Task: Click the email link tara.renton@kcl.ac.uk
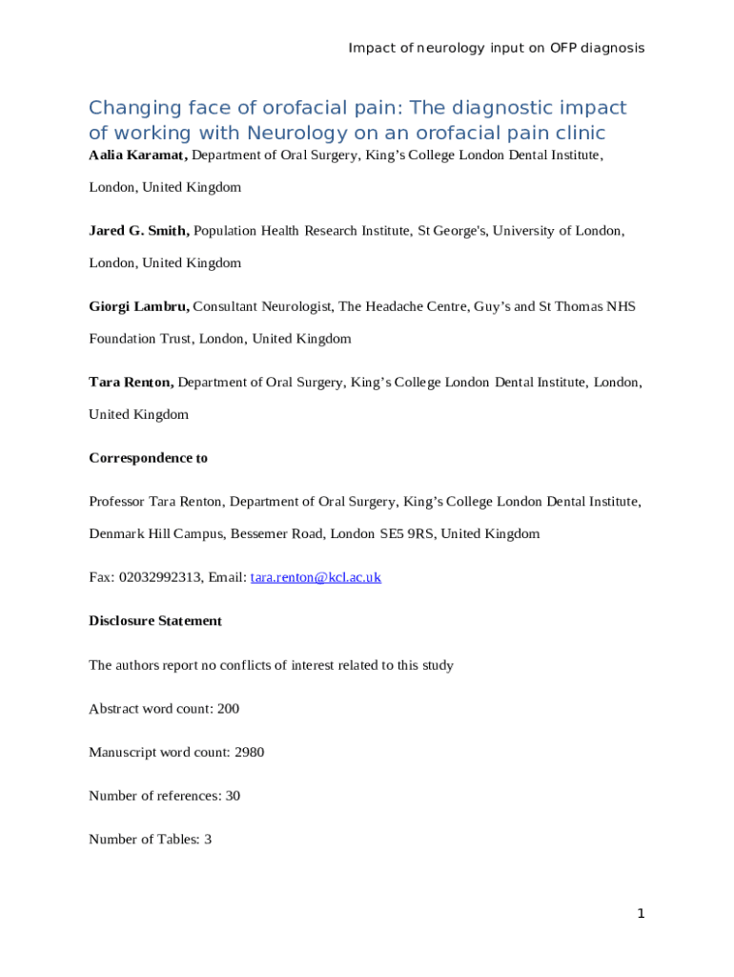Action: pos(316,577)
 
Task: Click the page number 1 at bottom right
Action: pos(642,914)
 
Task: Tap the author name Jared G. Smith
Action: pos(139,230)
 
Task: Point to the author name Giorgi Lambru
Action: pos(139,306)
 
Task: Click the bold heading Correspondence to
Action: pos(148,458)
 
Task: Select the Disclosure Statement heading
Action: pos(155,621)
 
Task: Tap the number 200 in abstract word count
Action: pos(228,708)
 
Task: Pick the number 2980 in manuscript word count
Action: pos(249,752)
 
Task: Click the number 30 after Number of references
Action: pos(233,796)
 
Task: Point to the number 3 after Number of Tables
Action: pos(208,840)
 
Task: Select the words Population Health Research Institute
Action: pos(302,230)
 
